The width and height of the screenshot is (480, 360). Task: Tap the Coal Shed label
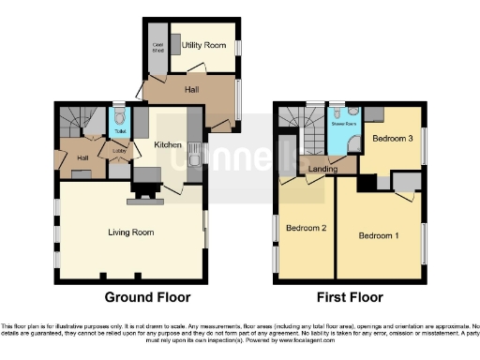click(x=157, y=47)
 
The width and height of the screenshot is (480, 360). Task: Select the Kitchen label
click(x=168, y=145)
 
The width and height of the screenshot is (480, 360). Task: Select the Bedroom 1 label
click(x=379, y=235)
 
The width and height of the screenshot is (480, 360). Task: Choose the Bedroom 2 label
click(x=306, y=228)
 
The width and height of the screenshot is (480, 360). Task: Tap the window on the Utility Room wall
click(x=237, y=47)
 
